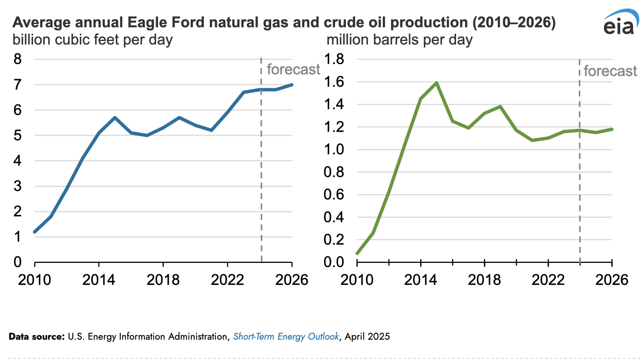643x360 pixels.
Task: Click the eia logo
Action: click(620, 23)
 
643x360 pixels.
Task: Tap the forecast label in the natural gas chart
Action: click(293, 69)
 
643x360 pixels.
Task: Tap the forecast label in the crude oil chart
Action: click(610, 71)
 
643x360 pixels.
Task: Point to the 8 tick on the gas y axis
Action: click(17, 59)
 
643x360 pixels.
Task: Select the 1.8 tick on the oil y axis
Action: click(334, 59)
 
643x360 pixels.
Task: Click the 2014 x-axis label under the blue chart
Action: click(99, 280)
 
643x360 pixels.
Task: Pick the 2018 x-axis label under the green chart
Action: click(484, 280)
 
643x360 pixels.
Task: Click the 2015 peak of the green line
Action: click(437, 83)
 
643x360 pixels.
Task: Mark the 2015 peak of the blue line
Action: click(115, 118)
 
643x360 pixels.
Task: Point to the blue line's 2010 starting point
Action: click(35, 232)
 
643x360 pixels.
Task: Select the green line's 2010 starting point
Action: click(357, 253)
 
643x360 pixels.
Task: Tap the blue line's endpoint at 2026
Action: click(291, 85)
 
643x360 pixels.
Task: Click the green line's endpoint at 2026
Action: click(611, 129)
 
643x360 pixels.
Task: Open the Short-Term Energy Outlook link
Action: click(286, 337)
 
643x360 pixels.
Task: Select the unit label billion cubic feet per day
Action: click(93, 40)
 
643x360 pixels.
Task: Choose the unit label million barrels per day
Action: click(400, 40)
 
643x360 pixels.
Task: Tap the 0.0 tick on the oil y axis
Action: click(334, 262)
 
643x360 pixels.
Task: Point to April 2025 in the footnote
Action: click(367, 337)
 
